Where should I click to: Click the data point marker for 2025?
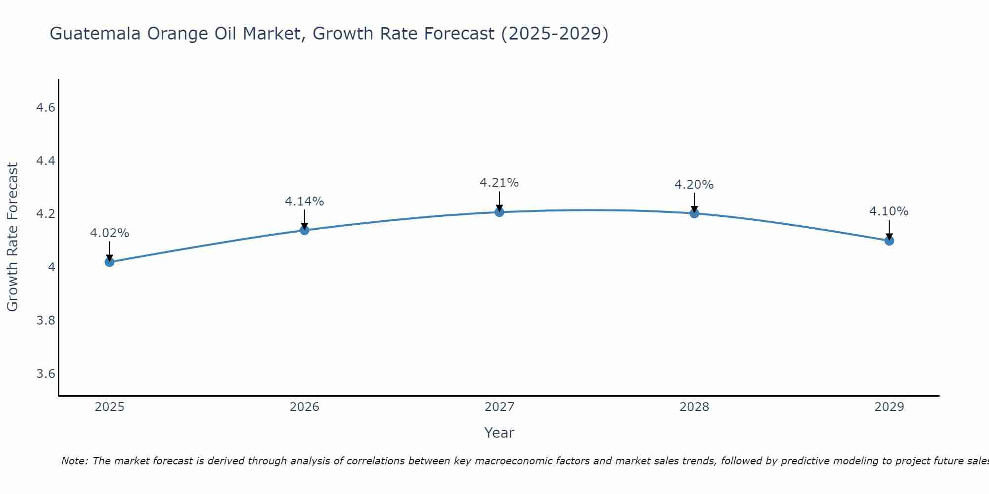(x=109, y=262)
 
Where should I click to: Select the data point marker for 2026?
(x=304, y=230)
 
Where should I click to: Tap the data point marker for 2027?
(x=499, y=212)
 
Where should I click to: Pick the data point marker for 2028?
(x=694, y=213)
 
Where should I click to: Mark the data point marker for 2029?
(x=889, y=241)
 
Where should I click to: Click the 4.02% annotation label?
(x=109, y=233)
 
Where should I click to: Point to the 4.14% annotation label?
(x=304, y=202)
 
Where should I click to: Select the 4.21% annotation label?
(x=499, y=183)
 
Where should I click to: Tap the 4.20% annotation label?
(x=694, y=185)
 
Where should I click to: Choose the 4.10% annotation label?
(x=889, y=211)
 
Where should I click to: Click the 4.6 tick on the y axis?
(x=45, y=108)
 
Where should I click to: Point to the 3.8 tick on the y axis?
(x=45, y=321)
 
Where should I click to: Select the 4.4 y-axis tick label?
(x=45, y=161)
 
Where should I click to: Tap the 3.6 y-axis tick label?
(x=45, y=373)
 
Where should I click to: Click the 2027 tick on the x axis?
(x=499, y=407)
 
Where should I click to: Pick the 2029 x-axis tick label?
(x=889, y=407)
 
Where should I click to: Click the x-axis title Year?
(x=499, y=433)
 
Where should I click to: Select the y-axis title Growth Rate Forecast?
(x=12, y=237)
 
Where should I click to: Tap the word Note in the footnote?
(x=74, y=461)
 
